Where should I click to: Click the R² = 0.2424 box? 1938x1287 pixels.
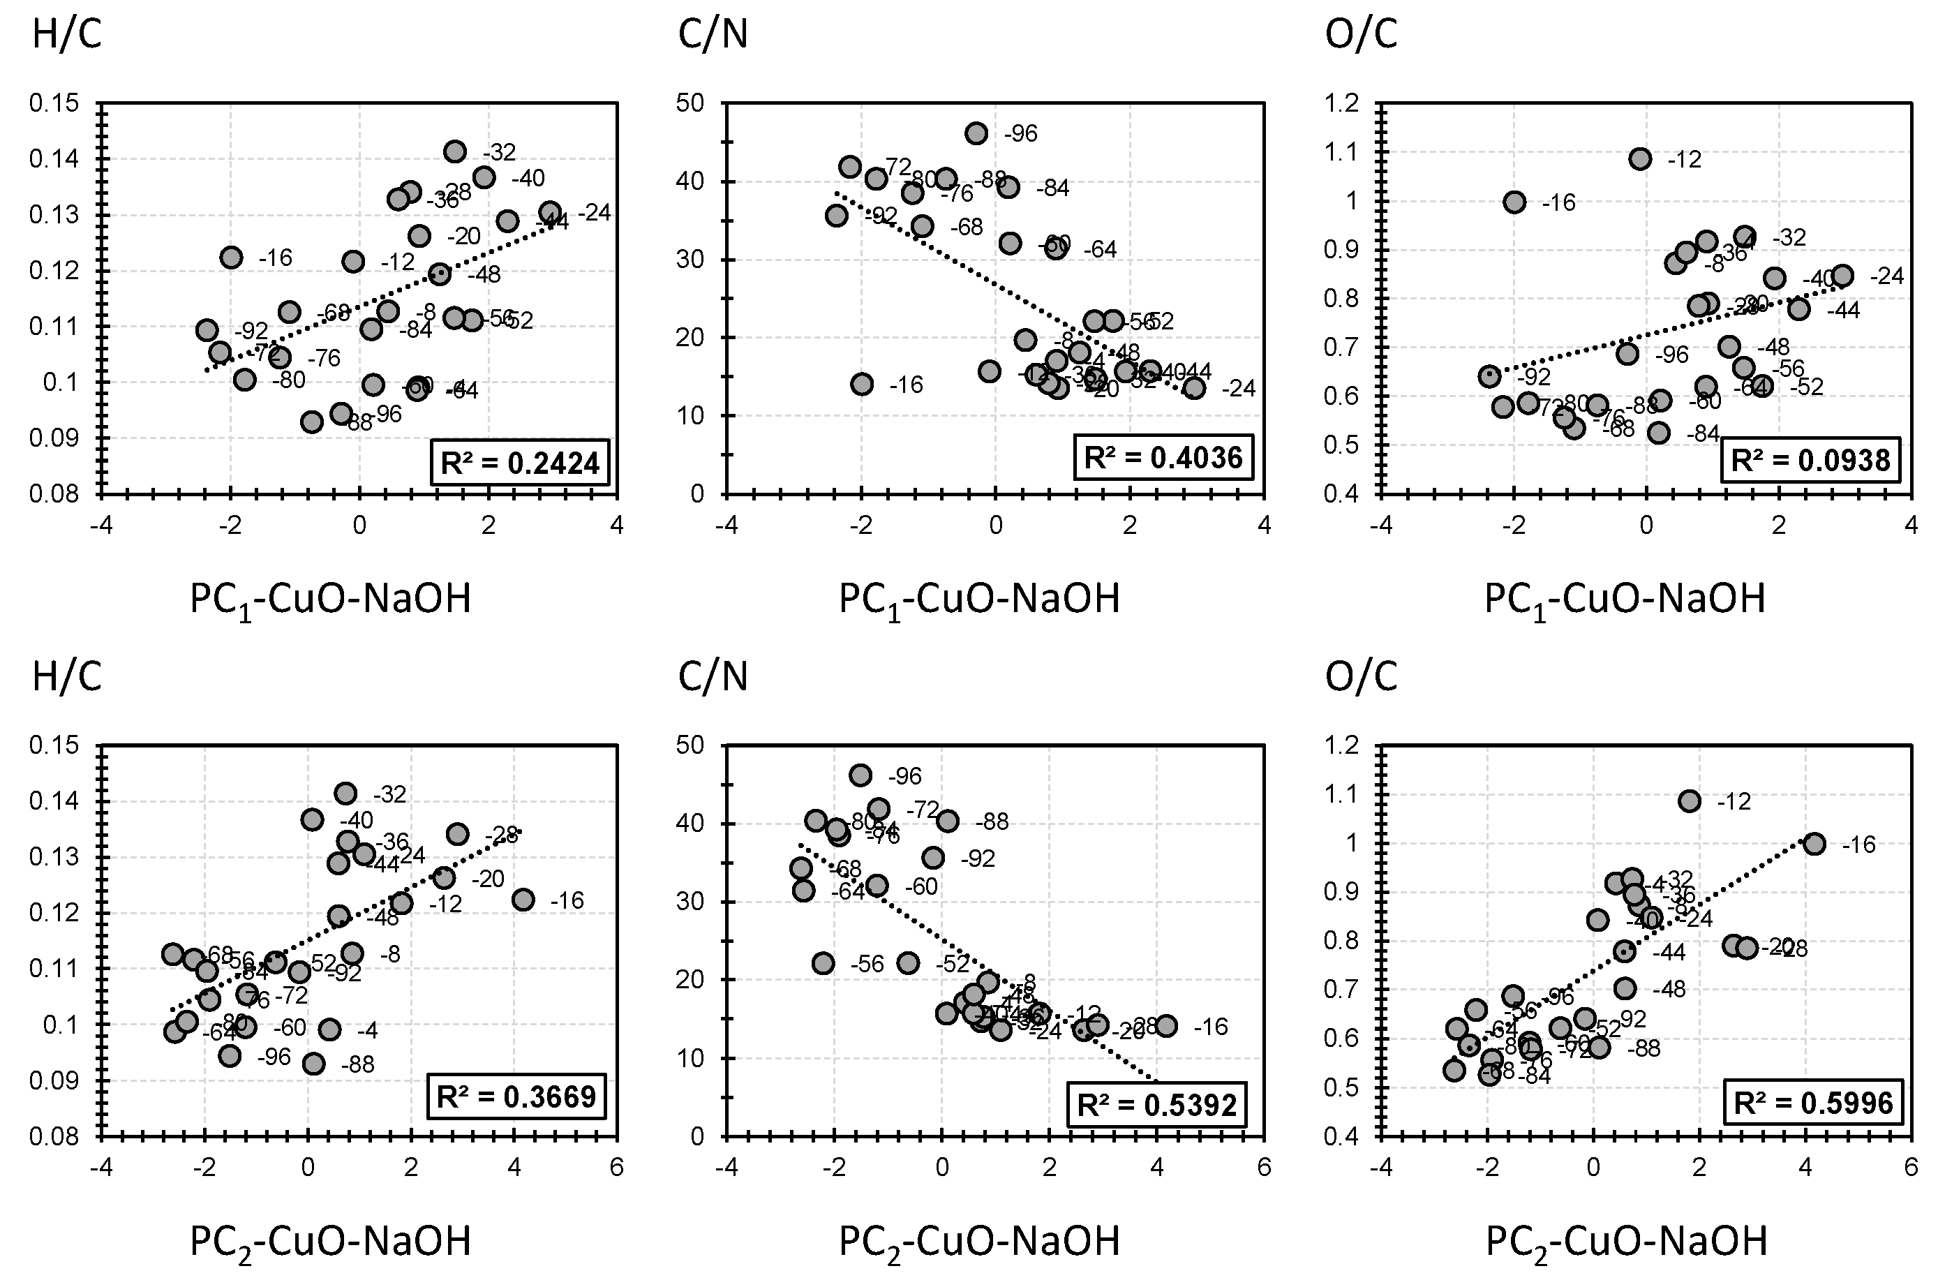(520, 463)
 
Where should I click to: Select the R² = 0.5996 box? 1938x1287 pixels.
(1813, 1103)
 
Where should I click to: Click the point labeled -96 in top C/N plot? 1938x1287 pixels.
(976, 133)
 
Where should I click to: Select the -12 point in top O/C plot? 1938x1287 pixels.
(1640, 159)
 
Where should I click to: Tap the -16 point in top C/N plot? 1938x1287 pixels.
(861, 384)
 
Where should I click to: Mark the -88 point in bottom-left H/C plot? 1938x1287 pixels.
(313, 1064)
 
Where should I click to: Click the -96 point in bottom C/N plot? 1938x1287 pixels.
(860, 775)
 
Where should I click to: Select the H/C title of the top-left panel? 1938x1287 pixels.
(67, 36)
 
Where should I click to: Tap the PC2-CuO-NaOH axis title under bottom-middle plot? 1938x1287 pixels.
(979, 1241)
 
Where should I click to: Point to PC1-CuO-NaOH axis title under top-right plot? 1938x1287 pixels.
(1625, 599)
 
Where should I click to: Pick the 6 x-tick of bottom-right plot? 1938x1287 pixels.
(1910, 1166)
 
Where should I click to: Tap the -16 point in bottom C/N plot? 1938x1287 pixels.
(1166, 1026)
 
